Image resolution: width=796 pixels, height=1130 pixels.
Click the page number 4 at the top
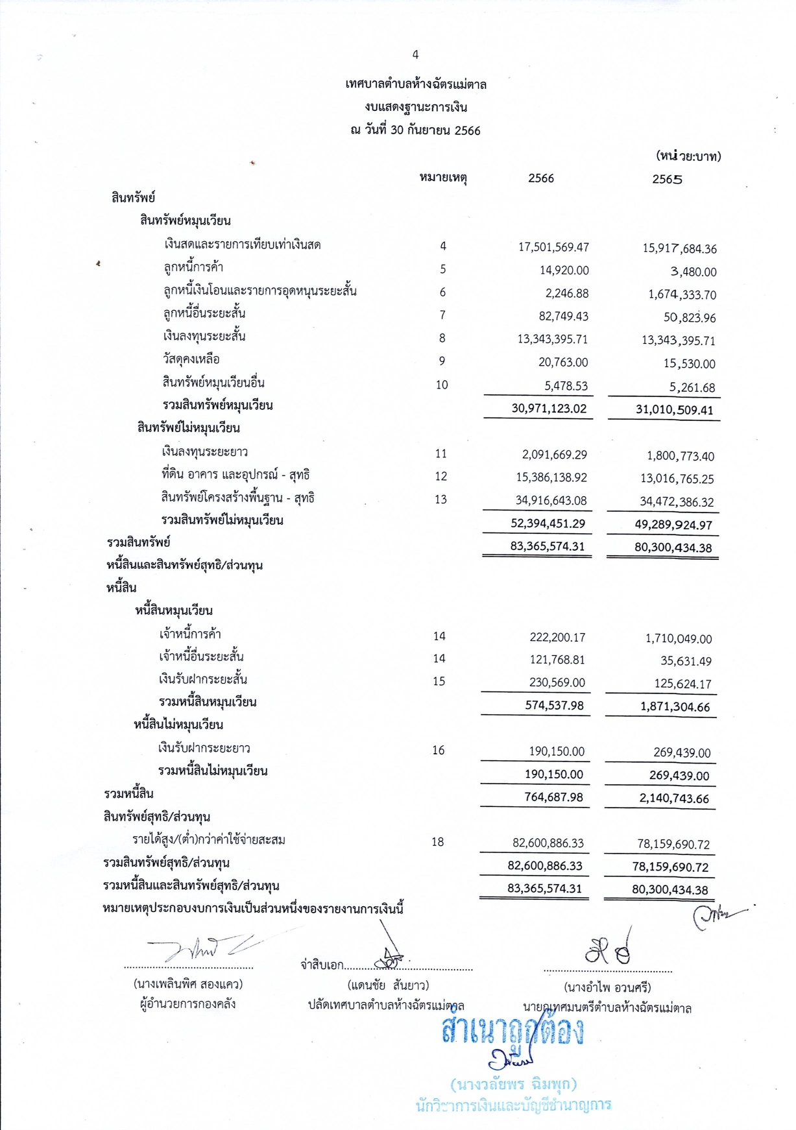click(415, 55)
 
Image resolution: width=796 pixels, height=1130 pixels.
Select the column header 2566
click(541, 178)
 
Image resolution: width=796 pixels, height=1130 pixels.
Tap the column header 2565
click(667, 180)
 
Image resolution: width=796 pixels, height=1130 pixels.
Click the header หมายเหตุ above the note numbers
click(444, 178)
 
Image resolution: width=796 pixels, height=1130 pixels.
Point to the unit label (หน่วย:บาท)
click(688, 156)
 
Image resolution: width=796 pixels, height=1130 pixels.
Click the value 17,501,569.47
click(553, 247)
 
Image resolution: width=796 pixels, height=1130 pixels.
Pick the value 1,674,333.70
click(682, 295)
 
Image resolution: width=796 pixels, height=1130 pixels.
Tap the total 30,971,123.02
click(549, 408)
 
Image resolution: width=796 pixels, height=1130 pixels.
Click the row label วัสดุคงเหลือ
click(191, 359)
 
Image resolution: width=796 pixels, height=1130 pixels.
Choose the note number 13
click(440, 499)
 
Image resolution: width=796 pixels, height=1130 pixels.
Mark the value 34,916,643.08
click(551, 500)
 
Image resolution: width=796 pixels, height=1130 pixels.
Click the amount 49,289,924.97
click(673, 525)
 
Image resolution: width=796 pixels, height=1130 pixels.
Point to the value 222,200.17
click(557, 638)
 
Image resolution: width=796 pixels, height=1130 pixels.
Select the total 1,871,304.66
click(675, 706)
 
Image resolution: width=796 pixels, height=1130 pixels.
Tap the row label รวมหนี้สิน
click(128, 794)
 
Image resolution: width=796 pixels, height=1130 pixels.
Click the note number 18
click(437, 842)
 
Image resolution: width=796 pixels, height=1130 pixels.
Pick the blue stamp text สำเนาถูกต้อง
click(513, 1031)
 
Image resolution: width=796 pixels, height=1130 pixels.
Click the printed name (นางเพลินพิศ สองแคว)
click(188, 984)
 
